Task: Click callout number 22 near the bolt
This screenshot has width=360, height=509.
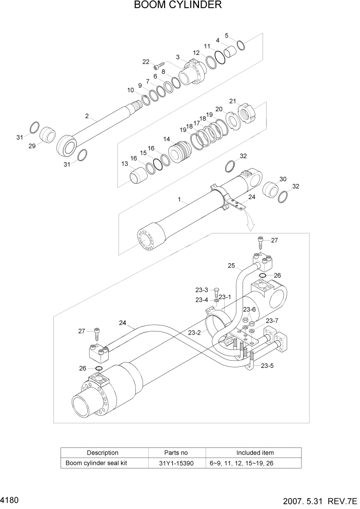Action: (x=146, y=62)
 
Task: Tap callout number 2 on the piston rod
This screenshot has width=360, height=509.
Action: (x=87, y=116)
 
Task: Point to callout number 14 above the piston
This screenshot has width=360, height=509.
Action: (x=167, y=139)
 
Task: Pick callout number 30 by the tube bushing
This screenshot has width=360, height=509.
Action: (x=283, y=179)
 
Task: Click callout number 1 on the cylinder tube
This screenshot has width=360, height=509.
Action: (x=179, y=201)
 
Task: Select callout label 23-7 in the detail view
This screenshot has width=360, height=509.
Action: (x=272, y=321)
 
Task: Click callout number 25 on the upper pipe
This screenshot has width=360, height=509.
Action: (x=231, y=266)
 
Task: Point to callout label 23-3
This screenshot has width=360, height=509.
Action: (x=202, y=290)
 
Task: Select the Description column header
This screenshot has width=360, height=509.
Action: (x=103, y=453)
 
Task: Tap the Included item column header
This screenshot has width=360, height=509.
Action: (x=255, y=453)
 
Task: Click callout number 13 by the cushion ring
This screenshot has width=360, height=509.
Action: (x=125, y=164)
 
